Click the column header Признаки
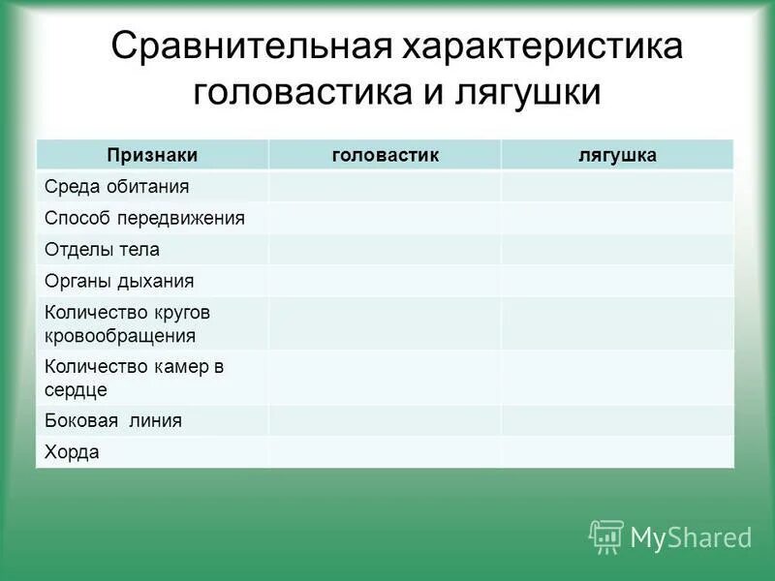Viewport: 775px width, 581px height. click(152, 155)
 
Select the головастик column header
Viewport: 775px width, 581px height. click(385, 155)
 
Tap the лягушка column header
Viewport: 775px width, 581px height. click(617, 155)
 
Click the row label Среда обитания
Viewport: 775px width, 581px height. click(116, 186)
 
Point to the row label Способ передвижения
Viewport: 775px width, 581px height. click(144, 218)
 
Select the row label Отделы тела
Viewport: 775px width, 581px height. click(102, 250)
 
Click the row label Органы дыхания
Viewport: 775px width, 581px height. click(119, 282)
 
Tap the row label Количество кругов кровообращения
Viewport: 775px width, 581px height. click(127, 324)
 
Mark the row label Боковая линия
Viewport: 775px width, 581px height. click(113, 420)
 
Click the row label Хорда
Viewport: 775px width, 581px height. click(72, 452)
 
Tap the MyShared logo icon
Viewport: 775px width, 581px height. click(606, 535)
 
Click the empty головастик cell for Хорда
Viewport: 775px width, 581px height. click(385, 452)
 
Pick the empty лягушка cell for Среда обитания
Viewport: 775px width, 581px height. click(617, 186)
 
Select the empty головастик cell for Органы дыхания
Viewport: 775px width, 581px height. click(385, 282)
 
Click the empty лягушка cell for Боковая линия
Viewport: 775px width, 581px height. click(617, 420)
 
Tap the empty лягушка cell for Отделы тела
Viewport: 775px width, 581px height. click(617, 250)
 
